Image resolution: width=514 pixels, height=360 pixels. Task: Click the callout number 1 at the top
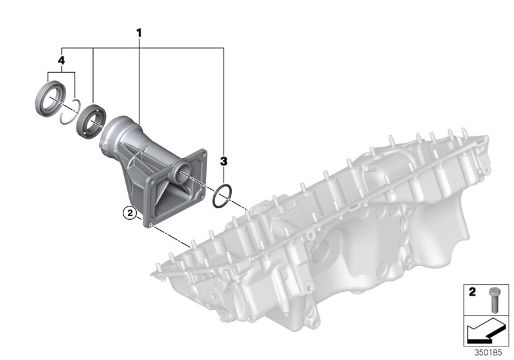coord(138,32)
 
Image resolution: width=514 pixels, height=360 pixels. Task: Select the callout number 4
coord(61,60)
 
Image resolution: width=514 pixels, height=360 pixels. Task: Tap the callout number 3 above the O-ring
coord(224,159)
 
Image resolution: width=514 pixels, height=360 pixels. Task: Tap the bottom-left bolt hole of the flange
coord(149,225)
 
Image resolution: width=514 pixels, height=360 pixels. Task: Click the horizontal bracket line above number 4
coord(141,47)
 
